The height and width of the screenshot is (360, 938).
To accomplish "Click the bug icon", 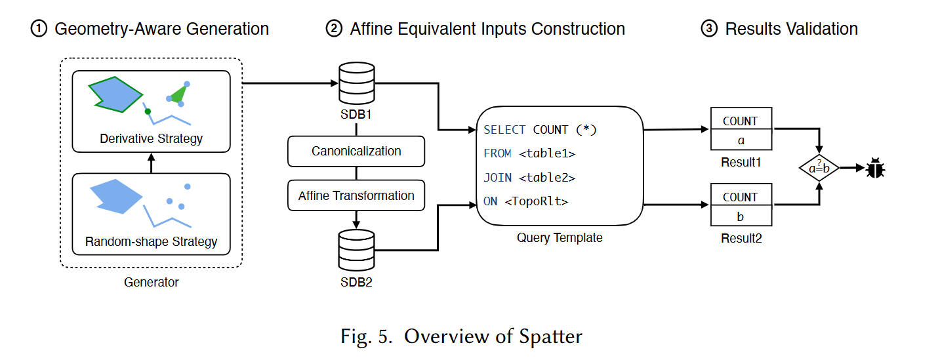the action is pyautogui.click(x=875, y=168).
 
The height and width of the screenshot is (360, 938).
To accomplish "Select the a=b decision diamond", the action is pyautogui.click(x=819, y=168).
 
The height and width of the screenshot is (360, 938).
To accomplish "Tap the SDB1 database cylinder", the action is pyautogui.click(x=357, y=83).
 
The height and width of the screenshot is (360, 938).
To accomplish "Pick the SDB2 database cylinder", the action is pyautogui.click(x=357, y=250).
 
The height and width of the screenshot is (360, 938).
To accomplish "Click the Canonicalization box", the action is pyautogui.click(x=356, y=151).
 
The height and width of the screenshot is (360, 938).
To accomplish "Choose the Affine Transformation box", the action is pyautogui.click(x=356, y=195).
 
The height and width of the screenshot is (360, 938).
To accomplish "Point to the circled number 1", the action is pyautogui.click(x=39, y=29).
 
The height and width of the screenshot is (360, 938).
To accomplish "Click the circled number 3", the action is pyautogui.click(x=709, y=29).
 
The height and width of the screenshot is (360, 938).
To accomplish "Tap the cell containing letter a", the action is pyautogui.click(x=741, y=140).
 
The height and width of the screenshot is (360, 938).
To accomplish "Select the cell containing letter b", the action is pyautogui.click(x=741, y=216).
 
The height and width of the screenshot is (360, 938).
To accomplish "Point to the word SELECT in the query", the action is pyautogui.click(x=504, y=130).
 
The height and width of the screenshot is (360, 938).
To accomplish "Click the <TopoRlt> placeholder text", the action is pyautogui.click(x=537, y=201).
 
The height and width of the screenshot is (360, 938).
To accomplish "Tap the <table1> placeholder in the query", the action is pyautogui.click(x=547, y=153).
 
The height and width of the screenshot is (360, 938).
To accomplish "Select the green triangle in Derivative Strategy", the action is pyautogui.click(x=178, y=94).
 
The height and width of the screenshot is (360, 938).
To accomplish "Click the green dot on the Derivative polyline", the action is pyautogui.click(x=148, y=111).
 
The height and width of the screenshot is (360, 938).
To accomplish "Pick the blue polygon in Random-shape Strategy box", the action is pyautogui.click(x=116, y=196).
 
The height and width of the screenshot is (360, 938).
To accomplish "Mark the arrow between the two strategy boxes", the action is pyautogui.click(x=151, y=163).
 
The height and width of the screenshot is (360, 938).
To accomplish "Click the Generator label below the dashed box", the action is pyautogui.click(x=151, y=282).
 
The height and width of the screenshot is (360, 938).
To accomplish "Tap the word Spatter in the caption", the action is pyautogui.click(x=550, y=336).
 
